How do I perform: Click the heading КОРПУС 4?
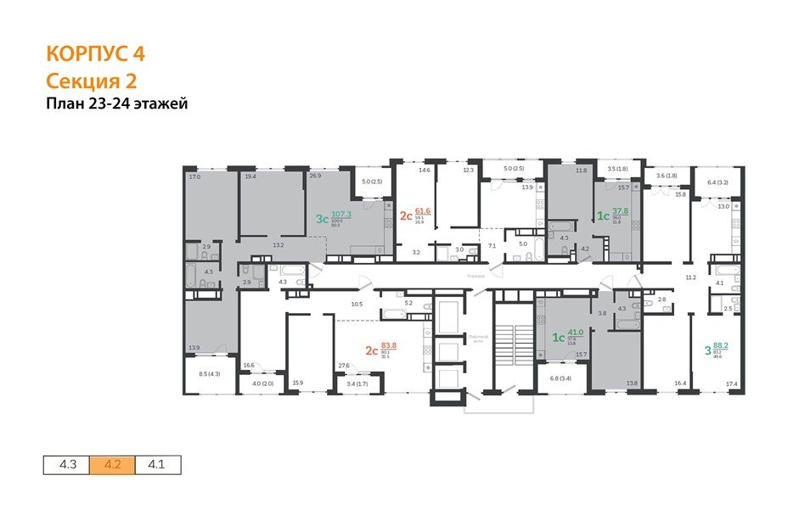pyautogui.click(x=95, y=53)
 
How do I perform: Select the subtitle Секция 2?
pyautogui.click(x=91, y=81)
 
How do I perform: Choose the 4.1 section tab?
pyautogui.click(x=157, y=465)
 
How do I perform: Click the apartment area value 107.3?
pyautogui.click(x=340, y=214)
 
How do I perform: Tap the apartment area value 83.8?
pyautogui.click(x=389, y=345)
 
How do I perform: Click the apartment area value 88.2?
pyautogui.click(x=721, y=345)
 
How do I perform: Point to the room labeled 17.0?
pyautogui.click(x=194, y=177)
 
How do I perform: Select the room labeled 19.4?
pyautogui.click(x=250, y=177)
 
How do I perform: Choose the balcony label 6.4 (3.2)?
pyautogui.click(x=717, y=182)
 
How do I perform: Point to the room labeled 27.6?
pyautogui.click(x=345, y=366)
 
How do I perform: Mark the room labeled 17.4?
pyautogui.click(x=731, y=383)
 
